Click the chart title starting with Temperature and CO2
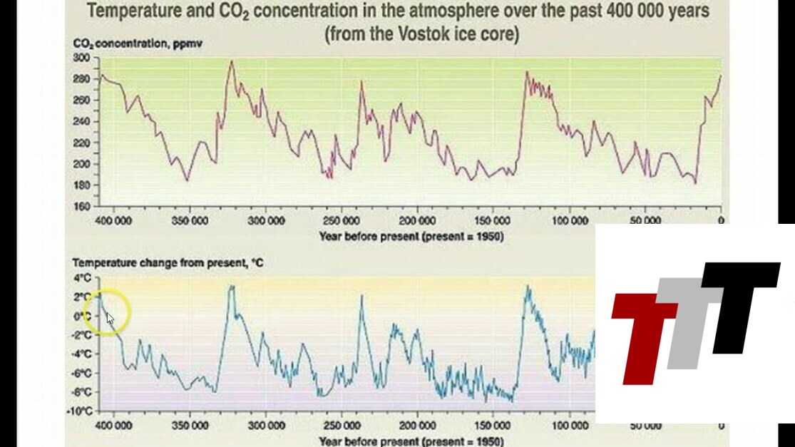399,12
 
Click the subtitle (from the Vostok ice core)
422,34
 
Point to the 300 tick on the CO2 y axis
82,57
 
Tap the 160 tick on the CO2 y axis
82,207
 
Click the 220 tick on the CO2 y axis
82,143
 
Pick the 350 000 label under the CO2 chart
190,221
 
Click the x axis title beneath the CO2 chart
411,236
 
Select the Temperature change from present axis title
168,263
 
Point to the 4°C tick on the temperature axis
83,277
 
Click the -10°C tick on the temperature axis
81,411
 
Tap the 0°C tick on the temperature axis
83,316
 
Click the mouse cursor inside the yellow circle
110,318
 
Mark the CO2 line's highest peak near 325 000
231,61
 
